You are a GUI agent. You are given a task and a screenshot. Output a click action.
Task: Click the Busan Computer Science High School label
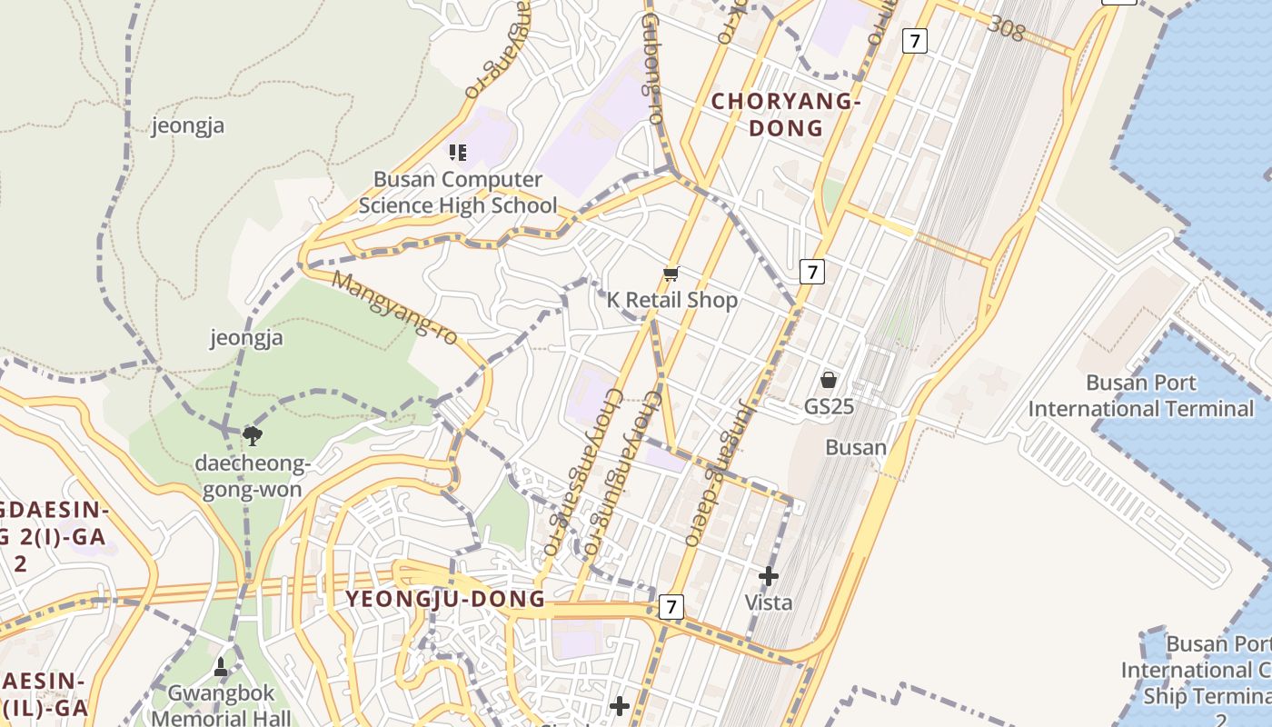[458, 193]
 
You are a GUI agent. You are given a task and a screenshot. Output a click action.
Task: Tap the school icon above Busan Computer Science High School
[458, 152]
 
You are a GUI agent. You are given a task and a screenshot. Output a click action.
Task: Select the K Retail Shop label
[672, 300]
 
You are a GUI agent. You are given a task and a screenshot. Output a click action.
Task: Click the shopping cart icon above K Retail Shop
[671, 273]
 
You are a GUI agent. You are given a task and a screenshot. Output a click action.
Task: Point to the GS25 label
[829, 406]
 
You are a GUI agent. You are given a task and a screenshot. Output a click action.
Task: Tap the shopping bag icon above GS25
[828, 379]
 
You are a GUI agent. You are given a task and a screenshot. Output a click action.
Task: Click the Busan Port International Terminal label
[1140, 395]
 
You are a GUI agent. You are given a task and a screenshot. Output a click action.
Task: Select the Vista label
[769, 603]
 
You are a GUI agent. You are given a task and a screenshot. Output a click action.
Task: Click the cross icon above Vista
[769, 575]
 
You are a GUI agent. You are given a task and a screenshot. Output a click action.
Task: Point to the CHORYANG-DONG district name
[786, 115]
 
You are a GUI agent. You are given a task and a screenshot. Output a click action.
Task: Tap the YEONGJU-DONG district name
[445, 599]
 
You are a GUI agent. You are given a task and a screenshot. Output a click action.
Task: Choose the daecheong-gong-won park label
[253, 477]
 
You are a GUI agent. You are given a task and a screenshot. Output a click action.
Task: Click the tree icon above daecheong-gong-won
[253, 436]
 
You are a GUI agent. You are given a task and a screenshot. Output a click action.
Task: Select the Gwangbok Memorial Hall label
[220, 706]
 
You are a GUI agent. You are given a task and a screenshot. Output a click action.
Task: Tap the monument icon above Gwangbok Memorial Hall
[220, 668]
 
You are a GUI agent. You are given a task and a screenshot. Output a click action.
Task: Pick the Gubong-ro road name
[651, 68]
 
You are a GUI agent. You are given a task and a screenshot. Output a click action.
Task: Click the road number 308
[1006, 28]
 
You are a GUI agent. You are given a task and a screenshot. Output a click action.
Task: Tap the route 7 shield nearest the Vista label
[671, 607]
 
